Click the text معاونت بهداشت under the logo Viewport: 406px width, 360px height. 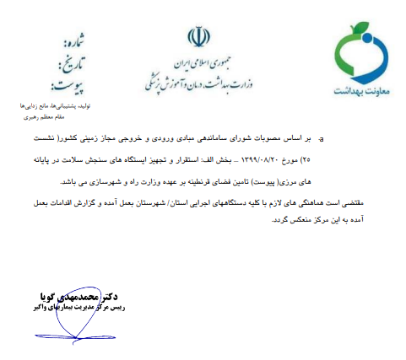tap(360, 88)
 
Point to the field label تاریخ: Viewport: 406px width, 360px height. tap(73, 61)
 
